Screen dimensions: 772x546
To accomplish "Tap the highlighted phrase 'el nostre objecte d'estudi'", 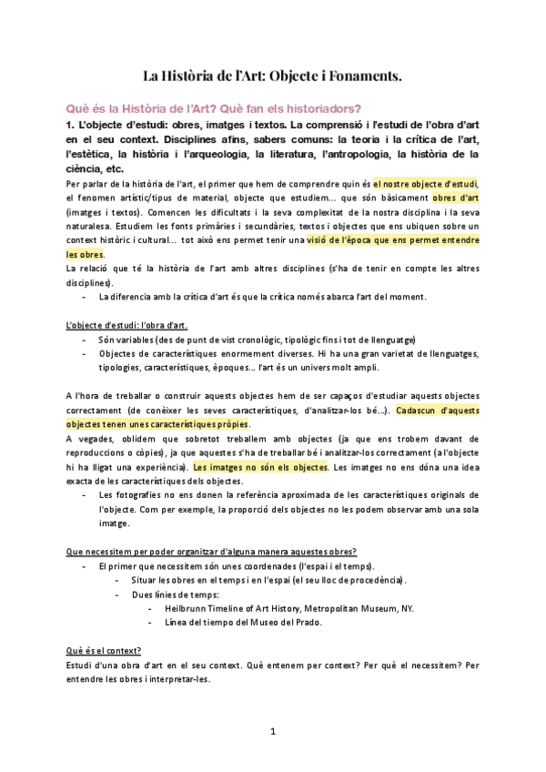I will coord(426,184).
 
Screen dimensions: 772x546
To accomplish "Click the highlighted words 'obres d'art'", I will coord(456,198).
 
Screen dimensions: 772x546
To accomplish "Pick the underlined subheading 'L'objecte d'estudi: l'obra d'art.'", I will coord(127,325).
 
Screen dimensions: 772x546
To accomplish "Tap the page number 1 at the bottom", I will coord(273,731).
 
